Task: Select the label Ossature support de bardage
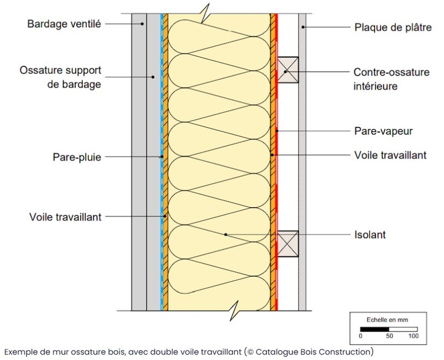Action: tap(60, 78)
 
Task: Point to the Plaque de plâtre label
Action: tap(391, 27)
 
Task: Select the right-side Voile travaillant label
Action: tap(390, 156)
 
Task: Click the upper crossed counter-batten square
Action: tap(288, 71)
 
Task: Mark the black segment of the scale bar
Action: tap(374, 329)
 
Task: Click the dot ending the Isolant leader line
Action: tap(225, 235)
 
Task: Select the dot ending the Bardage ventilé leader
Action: tap(142, 24)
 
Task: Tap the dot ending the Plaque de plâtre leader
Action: tap(302, 27)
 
